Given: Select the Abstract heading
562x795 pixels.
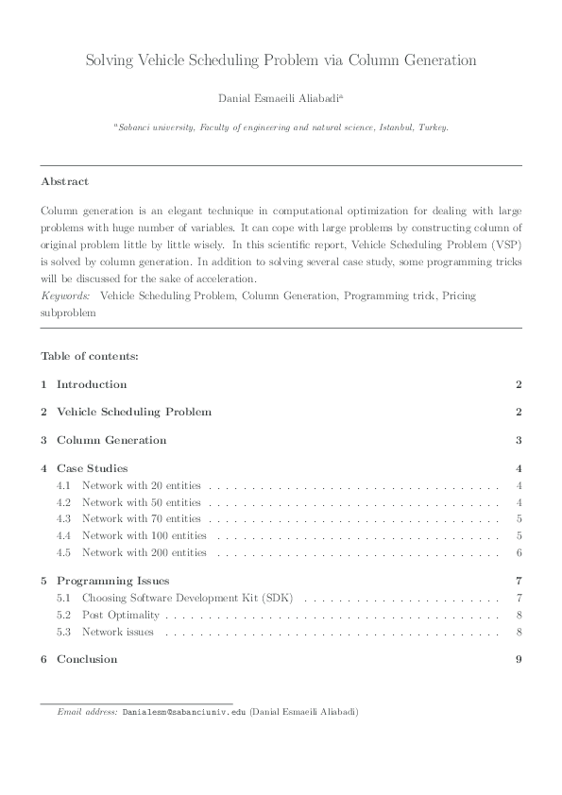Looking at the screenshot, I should click(64, 181).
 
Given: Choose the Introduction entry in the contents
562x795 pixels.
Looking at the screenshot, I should click(92, 384).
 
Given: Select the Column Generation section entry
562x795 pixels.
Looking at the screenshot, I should click(111, 440).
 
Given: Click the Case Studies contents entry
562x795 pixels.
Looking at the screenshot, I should click(92, 468).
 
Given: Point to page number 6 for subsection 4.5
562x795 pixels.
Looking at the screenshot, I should click(519, 552).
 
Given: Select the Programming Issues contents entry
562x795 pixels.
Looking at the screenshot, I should click(113, 581).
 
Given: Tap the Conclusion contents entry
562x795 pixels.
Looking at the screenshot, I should click(87, 659).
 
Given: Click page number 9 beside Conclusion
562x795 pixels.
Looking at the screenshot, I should click(519, 659).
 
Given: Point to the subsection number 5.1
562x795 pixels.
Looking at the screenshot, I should click(64, 598).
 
